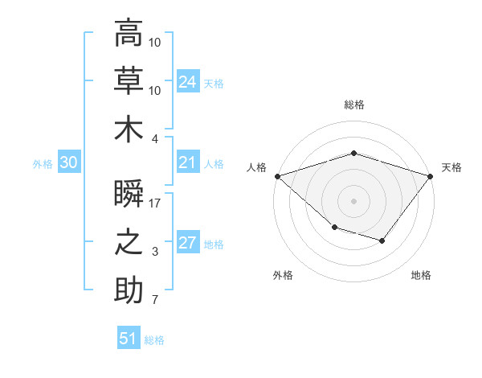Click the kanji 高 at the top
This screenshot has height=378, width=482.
pyautogui.click(x=129, y=32)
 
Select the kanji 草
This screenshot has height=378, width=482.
pyautogui.click(x=129, y=80)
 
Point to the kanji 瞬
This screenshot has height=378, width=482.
pyautogui.click(x=129, y=193)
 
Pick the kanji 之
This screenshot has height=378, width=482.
pyautogui.click(x=129, y=242)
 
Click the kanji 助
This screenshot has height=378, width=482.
pyautogui.click(x=129, y=290)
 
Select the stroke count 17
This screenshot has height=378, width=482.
pyautogui.click(x=154, y=203)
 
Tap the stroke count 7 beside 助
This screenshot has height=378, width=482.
pyautogui.click(x=155, y=299)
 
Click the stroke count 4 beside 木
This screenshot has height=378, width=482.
pyautogui.click(x=154, y=139)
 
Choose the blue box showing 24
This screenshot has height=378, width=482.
pyautogui.click(x=188, y=81)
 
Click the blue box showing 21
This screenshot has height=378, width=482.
pyautogui.click(x=188, y=162)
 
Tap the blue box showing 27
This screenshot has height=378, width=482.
pyautogui.click(x=188, y=241)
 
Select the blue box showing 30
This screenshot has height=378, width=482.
pyautogui.click(x=69, y=162)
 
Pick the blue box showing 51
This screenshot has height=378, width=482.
pyautogui.click(x=129, y=337)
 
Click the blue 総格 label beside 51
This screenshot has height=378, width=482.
pyautogui.click(x=154, y=340)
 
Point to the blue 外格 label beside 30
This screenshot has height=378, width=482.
pyautogui.click(x=43, y=164)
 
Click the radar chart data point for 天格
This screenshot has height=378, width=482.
pyautogui.click(x=430, y=176)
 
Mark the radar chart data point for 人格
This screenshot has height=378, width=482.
pyautogui.click(x=278, y=176)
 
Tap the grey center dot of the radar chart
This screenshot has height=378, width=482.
pyautogui.click(x=353, y=201)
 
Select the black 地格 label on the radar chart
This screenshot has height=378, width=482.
pyautogui.click(x=421, y=275)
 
